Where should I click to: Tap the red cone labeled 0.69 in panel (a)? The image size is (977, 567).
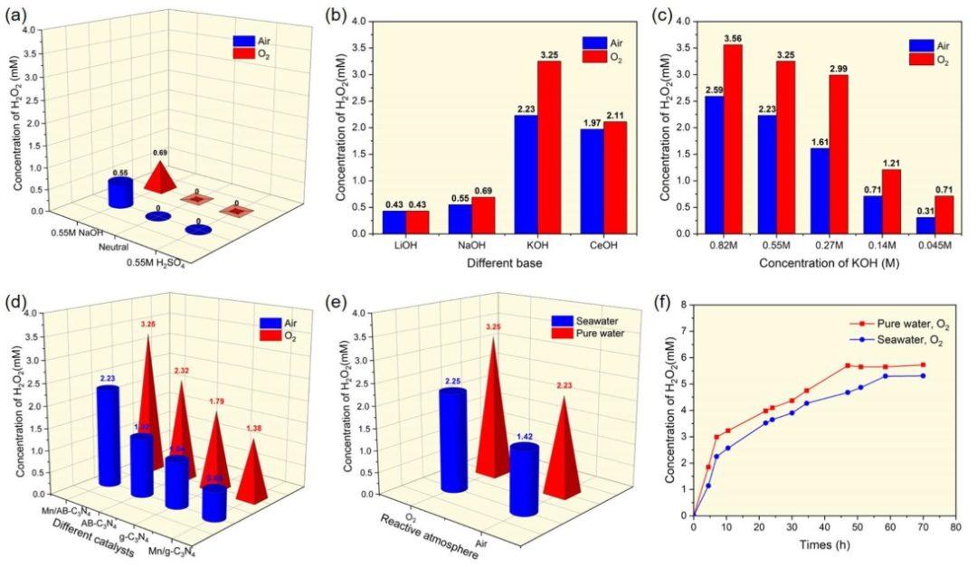(159, 178)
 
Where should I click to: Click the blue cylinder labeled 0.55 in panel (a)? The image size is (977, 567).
(120, 193)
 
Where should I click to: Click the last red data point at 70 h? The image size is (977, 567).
(923, 364)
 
